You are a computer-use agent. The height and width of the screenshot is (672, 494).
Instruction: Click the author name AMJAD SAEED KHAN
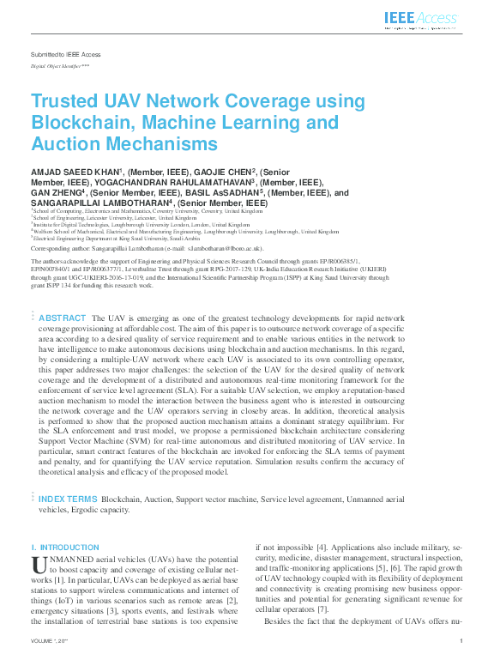coord(75,173)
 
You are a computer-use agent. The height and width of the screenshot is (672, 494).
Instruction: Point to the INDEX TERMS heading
coord(68,499)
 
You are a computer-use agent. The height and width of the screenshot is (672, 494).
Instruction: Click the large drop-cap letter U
coord(38,566)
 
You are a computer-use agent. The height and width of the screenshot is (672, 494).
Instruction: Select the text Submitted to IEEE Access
coord(65,54)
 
